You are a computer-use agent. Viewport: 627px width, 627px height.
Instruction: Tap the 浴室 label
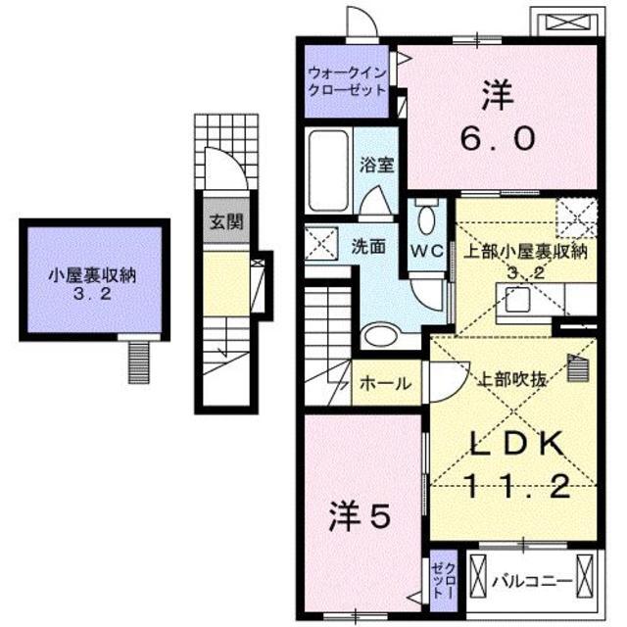point(377,166)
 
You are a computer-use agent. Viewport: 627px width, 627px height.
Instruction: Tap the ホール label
point(386,384)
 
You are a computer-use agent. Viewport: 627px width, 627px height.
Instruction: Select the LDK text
point(512,445)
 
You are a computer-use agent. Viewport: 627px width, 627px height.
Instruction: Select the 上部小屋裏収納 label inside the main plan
point(523,252)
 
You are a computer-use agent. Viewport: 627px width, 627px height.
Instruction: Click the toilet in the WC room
point(427,217)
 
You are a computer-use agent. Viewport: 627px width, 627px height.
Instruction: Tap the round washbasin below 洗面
point(378,334)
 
